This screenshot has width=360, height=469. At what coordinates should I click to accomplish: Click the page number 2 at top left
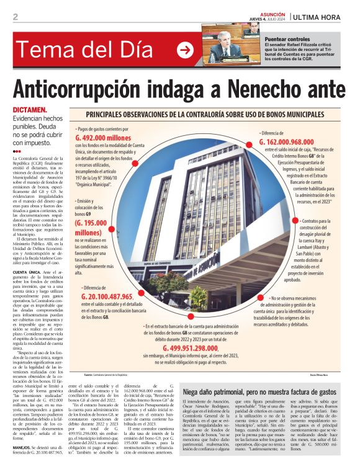point(16,17)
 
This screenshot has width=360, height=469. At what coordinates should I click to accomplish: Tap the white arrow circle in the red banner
point(185,50)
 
